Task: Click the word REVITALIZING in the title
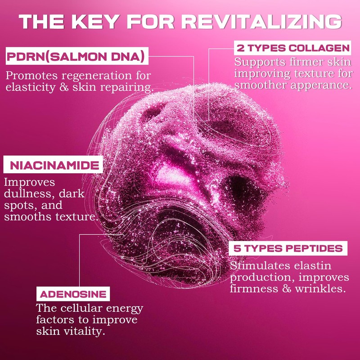262,21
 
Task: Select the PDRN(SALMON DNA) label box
77,56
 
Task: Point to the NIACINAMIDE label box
53,165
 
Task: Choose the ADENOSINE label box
73,294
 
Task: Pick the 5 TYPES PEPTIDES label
288,248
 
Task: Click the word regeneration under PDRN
97,76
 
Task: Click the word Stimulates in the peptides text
260,265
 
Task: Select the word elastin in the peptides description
313,265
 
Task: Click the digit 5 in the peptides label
237,248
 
